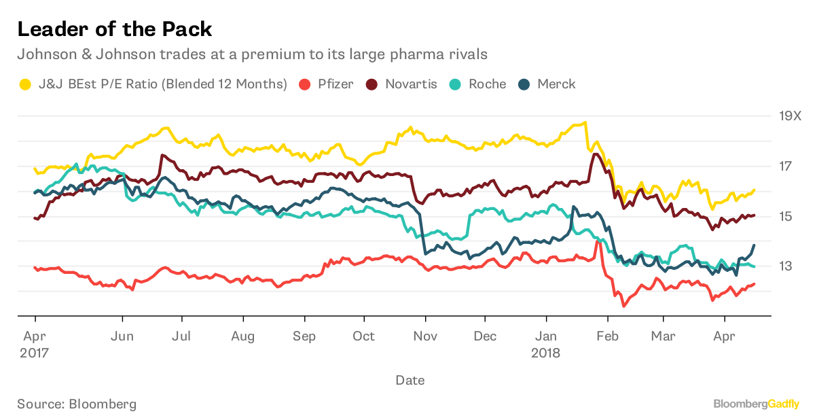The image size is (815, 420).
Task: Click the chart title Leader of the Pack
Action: click(114, 29)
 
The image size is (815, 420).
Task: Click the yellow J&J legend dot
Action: click(25, 84)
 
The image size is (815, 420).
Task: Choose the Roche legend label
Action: click(487, 84)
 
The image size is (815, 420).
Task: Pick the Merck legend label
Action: click(556, 84)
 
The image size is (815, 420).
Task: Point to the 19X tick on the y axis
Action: click(790, 116)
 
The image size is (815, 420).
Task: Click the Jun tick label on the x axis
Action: click(122, 336)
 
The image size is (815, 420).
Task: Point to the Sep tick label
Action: click(304, 336)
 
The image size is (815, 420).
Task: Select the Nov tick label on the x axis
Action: click(425, 336)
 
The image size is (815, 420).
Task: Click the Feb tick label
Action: click(607, 336)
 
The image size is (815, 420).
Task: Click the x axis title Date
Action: click(410, 380)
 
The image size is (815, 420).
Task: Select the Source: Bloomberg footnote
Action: click(77, 404)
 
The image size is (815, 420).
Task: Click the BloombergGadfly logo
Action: click(757, 404)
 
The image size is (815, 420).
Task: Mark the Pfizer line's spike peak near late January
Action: click(598, 241)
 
